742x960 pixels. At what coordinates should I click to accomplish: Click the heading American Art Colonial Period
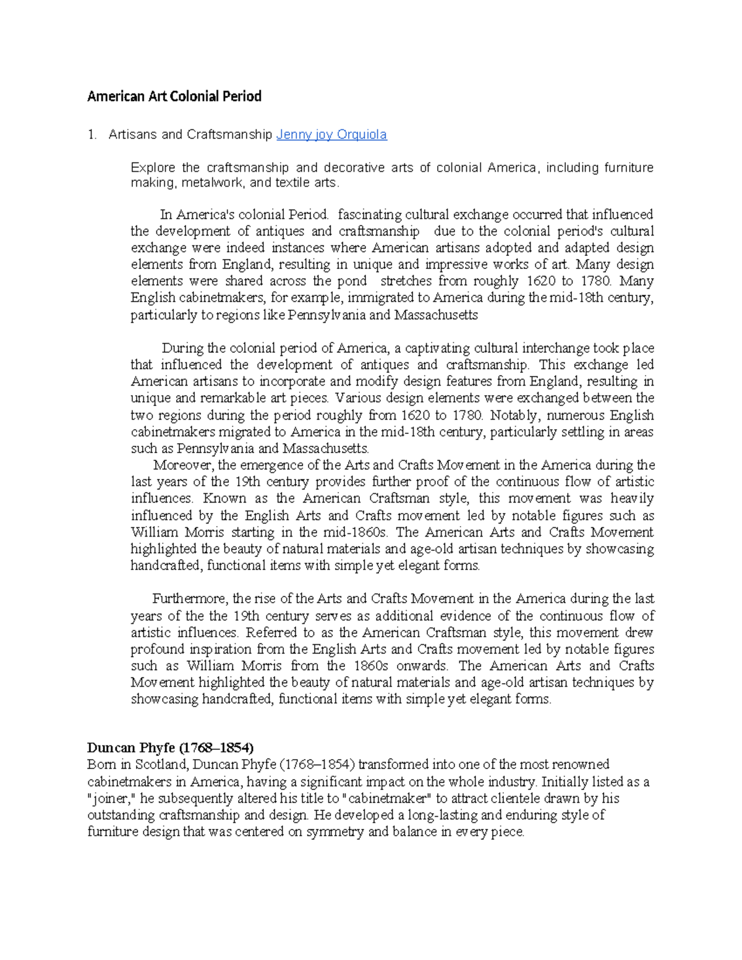(x=174, y=96)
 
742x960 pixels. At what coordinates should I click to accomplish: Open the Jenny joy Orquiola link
(x=331, y=135)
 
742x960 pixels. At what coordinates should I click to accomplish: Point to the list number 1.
(x=92, y=135)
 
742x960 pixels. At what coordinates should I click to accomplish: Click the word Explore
(x=153, y=168)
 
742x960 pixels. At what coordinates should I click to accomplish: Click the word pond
(x=351, y=281)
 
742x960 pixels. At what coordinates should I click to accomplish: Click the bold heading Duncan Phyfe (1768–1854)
(x=171, y=747)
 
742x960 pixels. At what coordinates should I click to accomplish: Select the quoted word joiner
(x=112, y=798)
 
